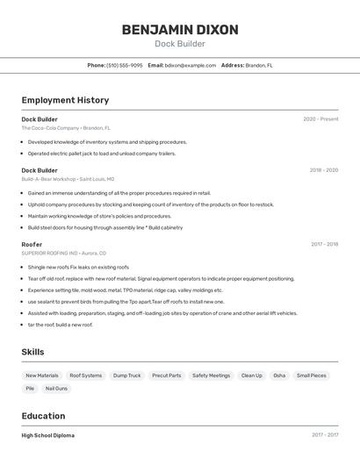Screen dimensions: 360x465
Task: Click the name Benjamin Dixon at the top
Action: [180, 30]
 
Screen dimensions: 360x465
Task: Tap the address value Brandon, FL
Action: [259, 65]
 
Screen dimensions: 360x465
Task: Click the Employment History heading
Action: [65, 100]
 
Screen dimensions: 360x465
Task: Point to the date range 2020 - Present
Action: [320, 119]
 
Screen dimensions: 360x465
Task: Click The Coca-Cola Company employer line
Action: [68, 128]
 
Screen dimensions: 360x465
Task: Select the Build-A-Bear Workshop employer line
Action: [68, 179]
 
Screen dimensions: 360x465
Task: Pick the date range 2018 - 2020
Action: [323, 170]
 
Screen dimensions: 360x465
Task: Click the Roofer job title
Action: [32, 244]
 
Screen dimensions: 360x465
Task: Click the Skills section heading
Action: [33, 352]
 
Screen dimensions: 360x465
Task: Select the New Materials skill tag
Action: [42, 376]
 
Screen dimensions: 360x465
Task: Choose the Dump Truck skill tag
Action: [126, 376]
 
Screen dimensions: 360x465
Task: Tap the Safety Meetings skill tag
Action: [211, 376]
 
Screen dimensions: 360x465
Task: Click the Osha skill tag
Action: [279, 376]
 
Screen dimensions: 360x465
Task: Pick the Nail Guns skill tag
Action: [56, 388]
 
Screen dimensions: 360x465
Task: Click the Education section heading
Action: [43, 416]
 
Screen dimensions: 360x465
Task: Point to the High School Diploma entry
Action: [48, 435]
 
